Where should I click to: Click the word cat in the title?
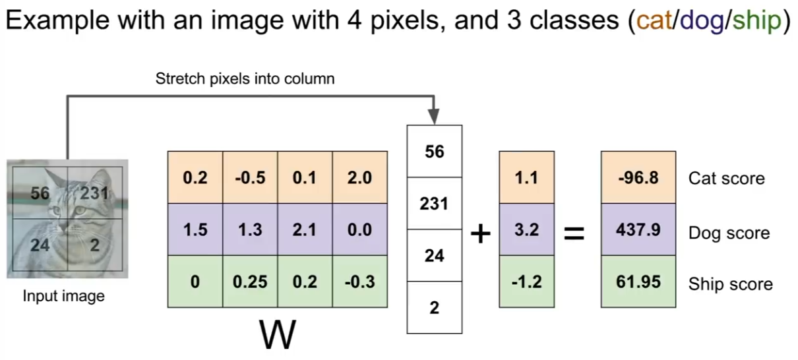pyautogui.click(x=654, y=22)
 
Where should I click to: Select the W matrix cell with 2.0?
pyautogui.click(x=359, y=178)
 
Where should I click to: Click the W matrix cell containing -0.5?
pyautogui.click(x=250, y=178)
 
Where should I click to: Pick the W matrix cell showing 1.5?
pyautogui.click(x=195, y=230)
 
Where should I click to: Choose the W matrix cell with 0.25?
pyautogui.click(x=250, y=282)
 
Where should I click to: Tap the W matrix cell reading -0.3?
pyautogui.click(x=359, y=282)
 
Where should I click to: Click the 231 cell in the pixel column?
pyautogui.click(x=434, y=204)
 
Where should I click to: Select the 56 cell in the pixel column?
pyautogui.click(x=434, y=152)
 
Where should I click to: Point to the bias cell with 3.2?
pyautogui.click(x=526, y=230)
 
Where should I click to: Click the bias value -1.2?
pyautogui.click(x=526, y=282)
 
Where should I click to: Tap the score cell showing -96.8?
pyautogui.click(x=638, y=178)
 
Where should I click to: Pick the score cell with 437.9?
pyautogui.click(x=638, y=230)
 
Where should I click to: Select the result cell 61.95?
pyautogui.click(x=638, y=282)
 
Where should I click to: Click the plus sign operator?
pyautogui.click(x=481, y=233)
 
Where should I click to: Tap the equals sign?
pyautogui.click(x=574, y=233)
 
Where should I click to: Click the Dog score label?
pyautogui.click(x=729, y=233)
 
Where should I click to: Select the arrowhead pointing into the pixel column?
pyautogui.click(x=434, y=117)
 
